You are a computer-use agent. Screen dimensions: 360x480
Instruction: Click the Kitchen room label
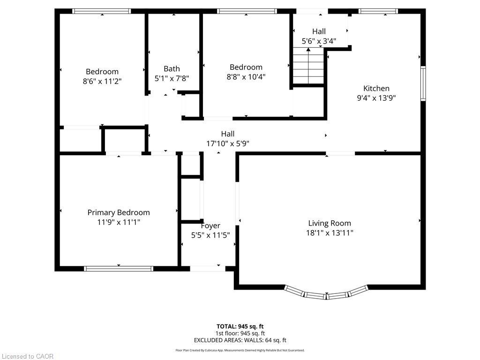pos(376,88)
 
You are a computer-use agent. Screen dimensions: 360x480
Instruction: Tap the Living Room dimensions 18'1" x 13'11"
pos(330,232)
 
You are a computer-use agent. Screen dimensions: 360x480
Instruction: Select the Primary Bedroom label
pos(119,212)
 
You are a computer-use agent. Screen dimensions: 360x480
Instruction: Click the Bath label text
pos(172,68)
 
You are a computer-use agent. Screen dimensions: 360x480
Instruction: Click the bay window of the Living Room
pos(328,294)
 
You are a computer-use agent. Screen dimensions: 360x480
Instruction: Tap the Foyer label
pos(210,225)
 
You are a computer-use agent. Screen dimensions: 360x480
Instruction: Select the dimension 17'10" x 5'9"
pos(228,144)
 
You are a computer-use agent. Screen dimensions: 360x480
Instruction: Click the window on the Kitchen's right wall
pos(423,84)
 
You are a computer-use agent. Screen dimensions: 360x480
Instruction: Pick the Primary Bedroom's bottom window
pos(119,269)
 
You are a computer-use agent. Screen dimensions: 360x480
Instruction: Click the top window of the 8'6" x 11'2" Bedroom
pos(102,11)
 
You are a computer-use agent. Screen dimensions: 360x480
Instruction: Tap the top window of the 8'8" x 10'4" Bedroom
pos(247,11)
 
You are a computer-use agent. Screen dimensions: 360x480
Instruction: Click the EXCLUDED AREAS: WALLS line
pos(240,340)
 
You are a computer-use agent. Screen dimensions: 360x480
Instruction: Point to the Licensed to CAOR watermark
pos(27,356)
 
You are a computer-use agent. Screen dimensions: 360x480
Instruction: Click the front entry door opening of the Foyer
pos(207,269)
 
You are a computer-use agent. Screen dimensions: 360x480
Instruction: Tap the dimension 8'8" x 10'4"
pos(246,77)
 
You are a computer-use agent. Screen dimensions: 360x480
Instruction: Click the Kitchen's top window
pos(378,11)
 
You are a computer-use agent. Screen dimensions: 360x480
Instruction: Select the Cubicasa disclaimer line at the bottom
pos(240,350)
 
